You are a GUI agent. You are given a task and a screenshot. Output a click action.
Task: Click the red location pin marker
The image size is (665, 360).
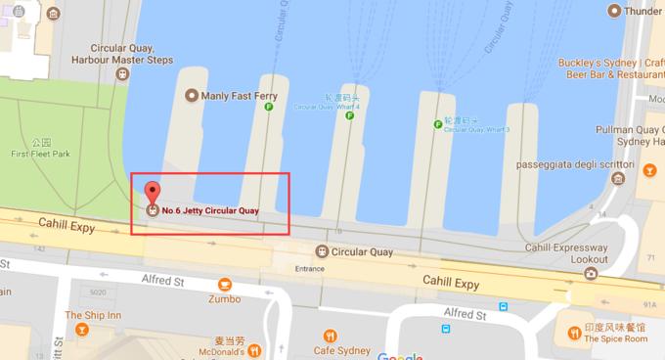pyautogui.click(x=151, y=192)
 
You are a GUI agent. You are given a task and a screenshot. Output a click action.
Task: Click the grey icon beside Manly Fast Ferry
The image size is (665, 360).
pyautogui.click(x=190, y=96)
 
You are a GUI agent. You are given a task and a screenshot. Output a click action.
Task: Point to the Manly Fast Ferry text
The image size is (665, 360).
pyautogui.click(x=239, y=96)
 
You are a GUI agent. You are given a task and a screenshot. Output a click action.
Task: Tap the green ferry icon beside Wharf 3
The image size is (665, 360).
pyautogui.click(x=438, y=124)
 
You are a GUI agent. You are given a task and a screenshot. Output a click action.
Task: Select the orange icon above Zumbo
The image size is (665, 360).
pyautogui.click(x=225, y=285)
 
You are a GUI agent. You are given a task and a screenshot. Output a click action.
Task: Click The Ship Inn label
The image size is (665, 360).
pyautogui.click(x=93, y=315)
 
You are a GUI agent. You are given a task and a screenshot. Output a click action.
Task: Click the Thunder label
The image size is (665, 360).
pyautogui.click(x=643, y=11)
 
